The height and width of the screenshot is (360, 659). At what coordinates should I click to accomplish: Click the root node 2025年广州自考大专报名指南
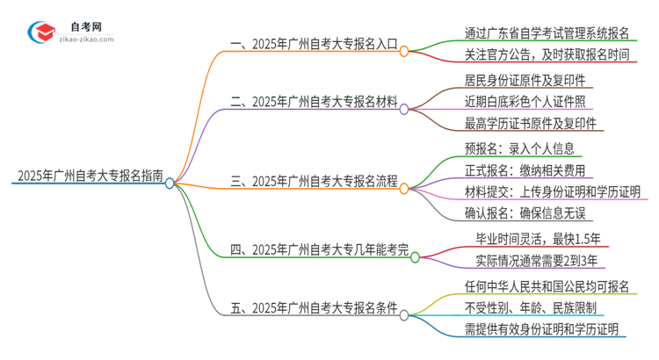88,176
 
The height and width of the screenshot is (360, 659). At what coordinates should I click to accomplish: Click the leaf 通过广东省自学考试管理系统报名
547,33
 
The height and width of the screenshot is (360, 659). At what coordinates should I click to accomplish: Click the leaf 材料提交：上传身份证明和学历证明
552,191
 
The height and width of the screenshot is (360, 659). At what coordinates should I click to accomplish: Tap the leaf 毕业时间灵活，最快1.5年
539,239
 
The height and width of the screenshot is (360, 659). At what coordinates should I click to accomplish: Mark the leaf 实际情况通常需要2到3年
538,261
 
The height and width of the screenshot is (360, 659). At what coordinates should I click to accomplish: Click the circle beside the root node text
170,183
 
